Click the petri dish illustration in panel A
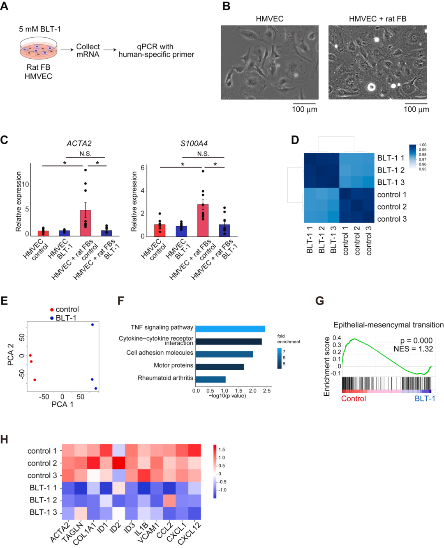38,48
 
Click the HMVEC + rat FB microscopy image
377,62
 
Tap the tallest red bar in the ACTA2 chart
85,223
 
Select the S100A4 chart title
194,143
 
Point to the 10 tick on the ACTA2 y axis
25,184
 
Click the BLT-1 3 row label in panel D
391,182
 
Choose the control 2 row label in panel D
392,207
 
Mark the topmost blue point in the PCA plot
92,325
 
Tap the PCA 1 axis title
62,404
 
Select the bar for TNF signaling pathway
230,329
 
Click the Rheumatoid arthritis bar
210,379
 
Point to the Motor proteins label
173,365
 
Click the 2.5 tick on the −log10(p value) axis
267,391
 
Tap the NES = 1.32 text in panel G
413,349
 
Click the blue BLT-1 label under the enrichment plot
425,399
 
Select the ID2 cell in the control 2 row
119,463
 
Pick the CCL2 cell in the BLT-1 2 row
169,500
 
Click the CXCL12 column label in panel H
190,533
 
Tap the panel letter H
5,440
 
